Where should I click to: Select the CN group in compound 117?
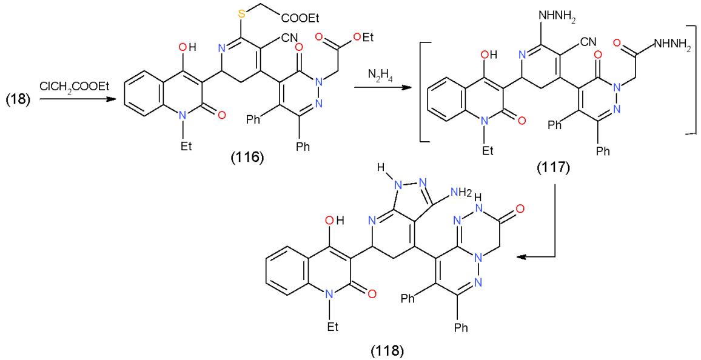point(589,42)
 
